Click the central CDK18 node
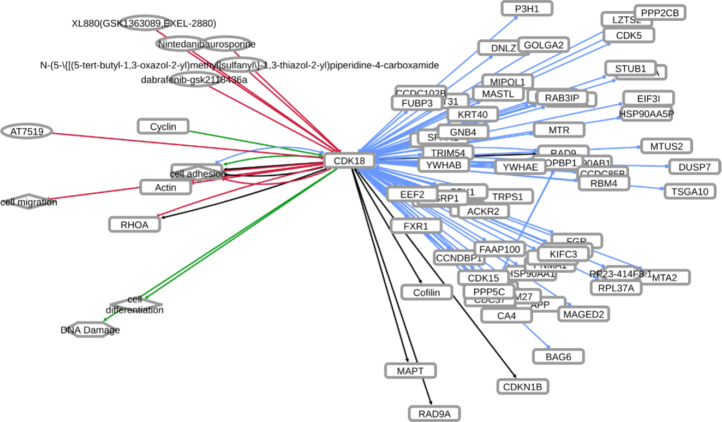(x=349, y=161)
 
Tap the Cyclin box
(x=163, y=127)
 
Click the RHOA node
(x=135, y=224)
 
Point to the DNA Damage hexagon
(x=90, y=330)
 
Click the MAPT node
(x=410, y=371)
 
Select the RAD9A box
(x=434, y=413)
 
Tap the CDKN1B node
(x=522, y=387)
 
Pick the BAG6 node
(x=558, y=356)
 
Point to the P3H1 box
(x=527, y=8)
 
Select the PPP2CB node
(x=660, y=13)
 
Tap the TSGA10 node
(x=689, y=191)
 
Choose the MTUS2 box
(x=666, y=146)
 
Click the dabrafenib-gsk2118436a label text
(x=194, y=80)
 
